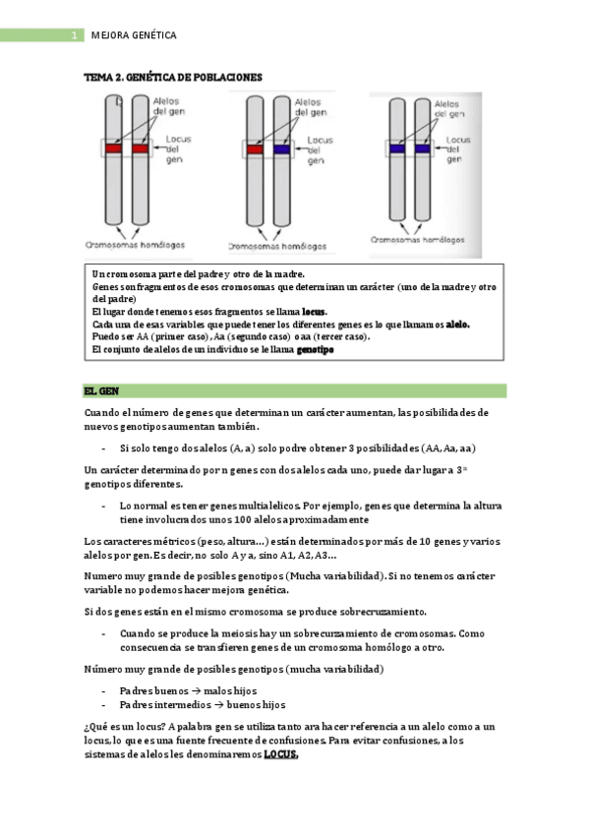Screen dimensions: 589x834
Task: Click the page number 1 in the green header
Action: coord(75,35)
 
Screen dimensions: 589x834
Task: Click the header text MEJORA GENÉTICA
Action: coord(134,35)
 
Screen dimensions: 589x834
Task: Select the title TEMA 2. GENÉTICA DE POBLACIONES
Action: coord(173,77)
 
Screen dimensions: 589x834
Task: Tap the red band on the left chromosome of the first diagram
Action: coord(113,149)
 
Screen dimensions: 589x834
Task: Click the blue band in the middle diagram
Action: coord(282,149)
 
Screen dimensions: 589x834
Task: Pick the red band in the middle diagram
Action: coord(255,149)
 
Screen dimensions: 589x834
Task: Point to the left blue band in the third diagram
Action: coord(397,149)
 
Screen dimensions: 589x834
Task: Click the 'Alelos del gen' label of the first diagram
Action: coord(168,106)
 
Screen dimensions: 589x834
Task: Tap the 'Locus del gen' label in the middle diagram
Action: coord(320,150)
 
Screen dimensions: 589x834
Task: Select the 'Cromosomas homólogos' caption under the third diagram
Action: coord(418,240)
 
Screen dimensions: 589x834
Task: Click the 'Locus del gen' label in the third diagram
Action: coord(457,149)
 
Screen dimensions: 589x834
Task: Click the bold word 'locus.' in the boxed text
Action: coord(315,312)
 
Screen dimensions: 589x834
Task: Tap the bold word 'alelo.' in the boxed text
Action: coord(457,325)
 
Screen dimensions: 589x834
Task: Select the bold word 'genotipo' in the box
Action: coord(316,350)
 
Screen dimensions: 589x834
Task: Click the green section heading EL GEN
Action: coord(101,391)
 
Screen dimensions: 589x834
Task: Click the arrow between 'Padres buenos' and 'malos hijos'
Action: coord(196,691)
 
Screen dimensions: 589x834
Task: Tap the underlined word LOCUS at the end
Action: coord(281,754)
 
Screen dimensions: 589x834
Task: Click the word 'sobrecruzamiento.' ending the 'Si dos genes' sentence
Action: coord(383,612)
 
